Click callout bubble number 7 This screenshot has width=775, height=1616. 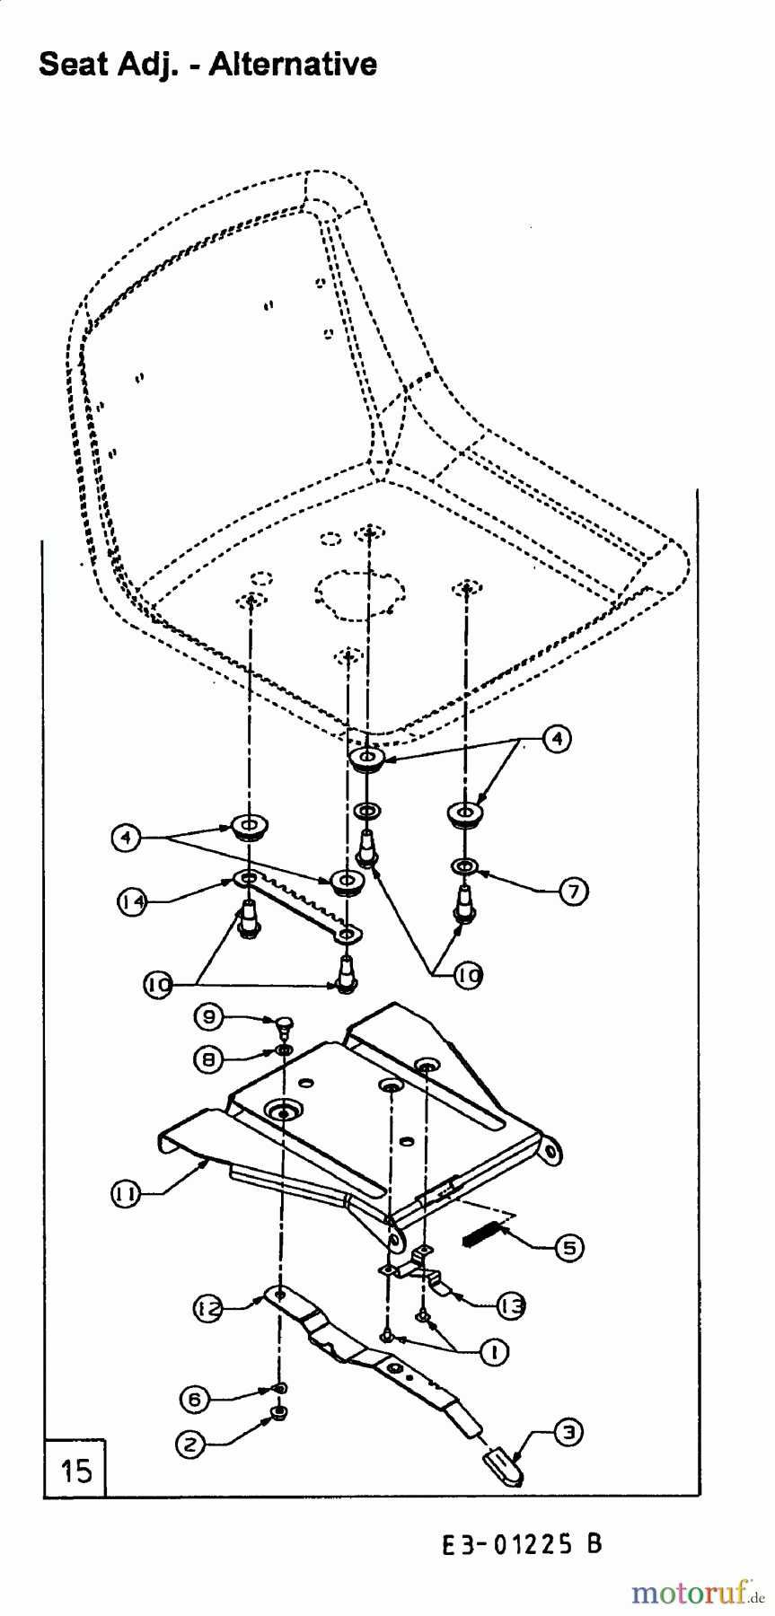point(573,891)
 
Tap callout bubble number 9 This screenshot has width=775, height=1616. point(207,1016)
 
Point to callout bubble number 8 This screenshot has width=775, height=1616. point(207,1059)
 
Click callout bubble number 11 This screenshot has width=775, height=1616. point(125,1192)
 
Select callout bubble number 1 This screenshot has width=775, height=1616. point(493,1352)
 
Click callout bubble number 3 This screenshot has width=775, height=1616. point(568,1435)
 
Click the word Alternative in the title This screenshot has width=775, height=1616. point(293,64)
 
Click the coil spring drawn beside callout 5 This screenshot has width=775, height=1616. point(479,1237)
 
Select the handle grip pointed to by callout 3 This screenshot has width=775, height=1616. point(502,1467)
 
